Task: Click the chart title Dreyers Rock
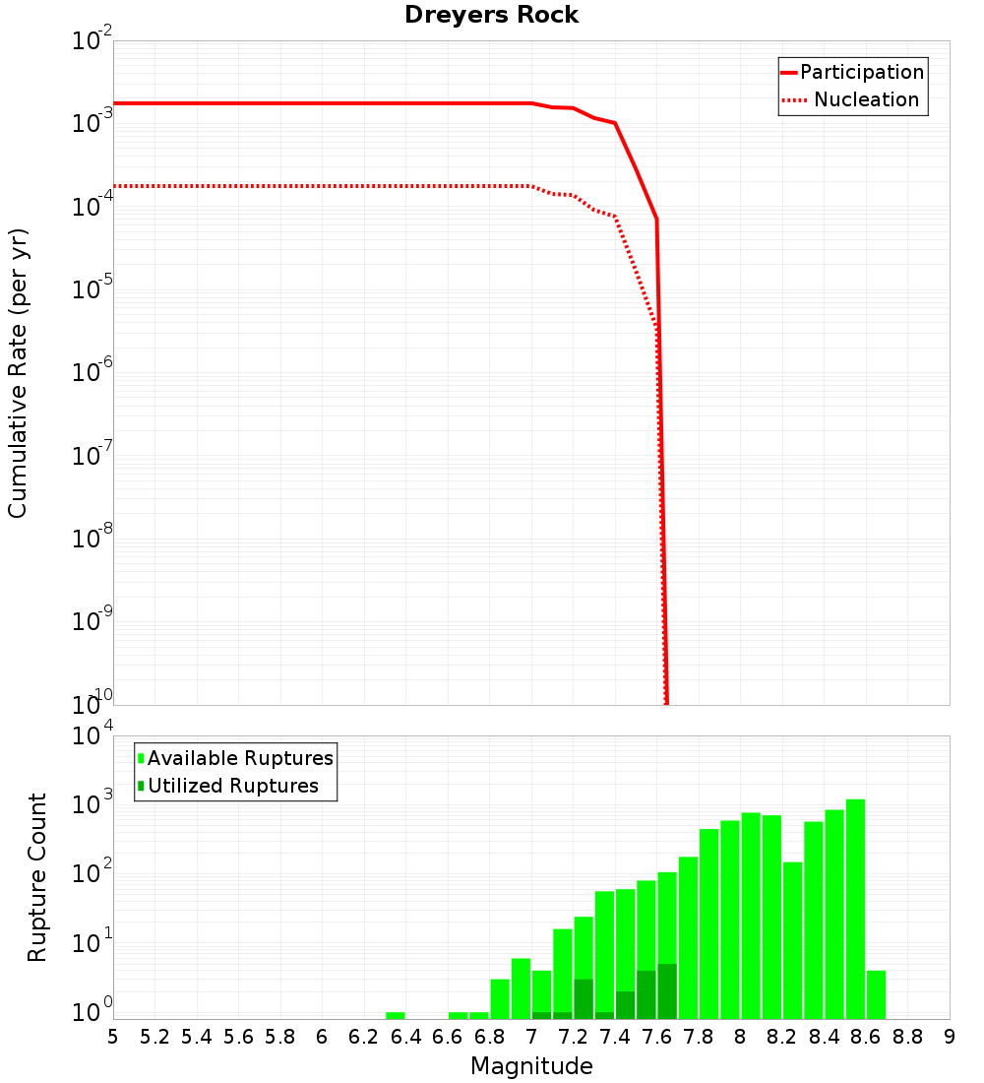(491, 15)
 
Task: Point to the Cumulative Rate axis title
(18, 373)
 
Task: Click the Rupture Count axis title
(37, 877)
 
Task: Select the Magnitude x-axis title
(531, 1066)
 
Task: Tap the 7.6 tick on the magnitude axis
(656, 1036)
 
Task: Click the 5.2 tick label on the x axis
(154, 1036)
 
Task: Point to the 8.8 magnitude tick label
(907, 1036)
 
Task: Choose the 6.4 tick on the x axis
(405, 1036)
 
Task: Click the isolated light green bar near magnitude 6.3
(396, 1015)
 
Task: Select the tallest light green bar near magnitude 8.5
(855, 906)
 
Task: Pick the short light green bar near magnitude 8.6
(876, 994)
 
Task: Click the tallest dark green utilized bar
(667, 991)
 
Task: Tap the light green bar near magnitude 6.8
(500, 998)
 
